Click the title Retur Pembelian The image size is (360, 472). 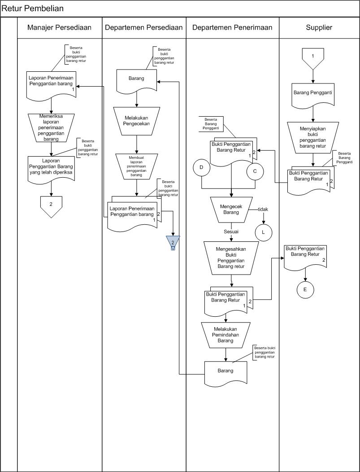point(33,9)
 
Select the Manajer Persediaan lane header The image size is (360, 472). point(59,27)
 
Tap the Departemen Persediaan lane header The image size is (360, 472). point(143,27)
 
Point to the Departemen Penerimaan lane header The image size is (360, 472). point(232,27)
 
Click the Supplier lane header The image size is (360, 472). point(319,27)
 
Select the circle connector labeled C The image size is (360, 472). point(255,171)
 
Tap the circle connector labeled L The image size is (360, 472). point(264,232)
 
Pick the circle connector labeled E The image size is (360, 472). point(305,289)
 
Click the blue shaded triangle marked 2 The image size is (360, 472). point(173,242)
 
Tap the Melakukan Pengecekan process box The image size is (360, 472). point(137,120)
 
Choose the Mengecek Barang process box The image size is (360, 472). point(231,210)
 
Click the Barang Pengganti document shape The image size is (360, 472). point(313,95)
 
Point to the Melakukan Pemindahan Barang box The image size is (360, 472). point(225,334)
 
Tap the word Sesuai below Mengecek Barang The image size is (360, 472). point(231,232)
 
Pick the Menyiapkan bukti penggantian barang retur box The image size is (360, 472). point(313,136)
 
